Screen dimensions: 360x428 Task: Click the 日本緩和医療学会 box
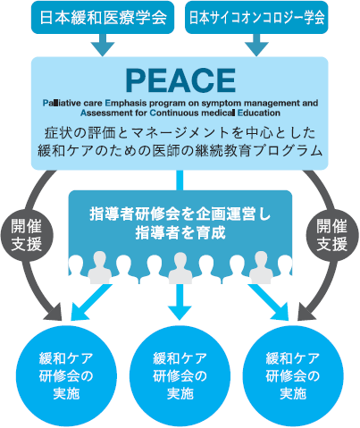pyautogui.click(x=103, y=17)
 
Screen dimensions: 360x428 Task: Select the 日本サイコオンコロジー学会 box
pyautogui.click(x=256, y=17)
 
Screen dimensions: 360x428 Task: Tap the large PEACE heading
pyautogui.click(x=180, y=80)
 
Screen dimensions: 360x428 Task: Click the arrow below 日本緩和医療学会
pyautogui.click(x=103, y=45)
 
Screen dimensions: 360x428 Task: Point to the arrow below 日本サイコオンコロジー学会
pyautogui.click(x=256, y=45)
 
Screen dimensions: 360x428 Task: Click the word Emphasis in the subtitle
pyautogui.click(x=126, y=103)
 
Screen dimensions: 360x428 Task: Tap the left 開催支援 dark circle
pyautogui.click(x=26, y=236)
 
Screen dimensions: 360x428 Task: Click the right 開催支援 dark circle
pyautogui.click(x=331, y=236)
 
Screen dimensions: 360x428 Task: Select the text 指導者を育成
pyautogui.click(x=180, y=232)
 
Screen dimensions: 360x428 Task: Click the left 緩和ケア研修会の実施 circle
pyautogui.click(x=66, y=376)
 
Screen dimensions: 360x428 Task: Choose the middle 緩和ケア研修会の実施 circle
pyautogui.click(x=180, y=376)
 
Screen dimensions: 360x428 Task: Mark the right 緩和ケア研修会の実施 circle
pyautogui.click(x=293, y=376)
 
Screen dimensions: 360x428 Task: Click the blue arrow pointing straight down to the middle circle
pyautogui.click(x=180, y=302)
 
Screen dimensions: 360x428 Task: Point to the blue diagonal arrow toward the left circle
pyautogui.click(x=90, y=301)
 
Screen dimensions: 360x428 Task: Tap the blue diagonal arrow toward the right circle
pyautogui.click(x=269, y=301)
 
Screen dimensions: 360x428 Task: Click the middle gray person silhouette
pyautogui.click(x=180, y=267)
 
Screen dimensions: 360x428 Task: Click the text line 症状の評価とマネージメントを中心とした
pyautogui.click(x=180, y=133)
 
